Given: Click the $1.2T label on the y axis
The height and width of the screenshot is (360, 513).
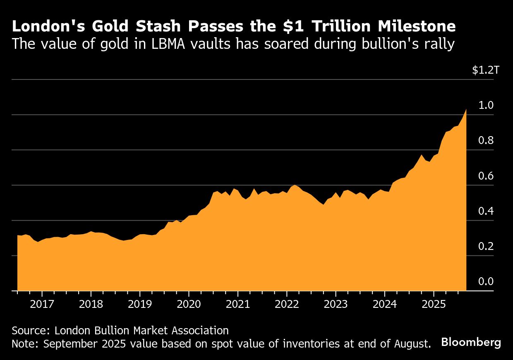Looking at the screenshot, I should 486,70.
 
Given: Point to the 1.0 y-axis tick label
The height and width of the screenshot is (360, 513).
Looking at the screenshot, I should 486,105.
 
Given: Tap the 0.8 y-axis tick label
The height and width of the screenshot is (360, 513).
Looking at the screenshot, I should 486,141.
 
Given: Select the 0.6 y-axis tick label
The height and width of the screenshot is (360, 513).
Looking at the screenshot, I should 486,176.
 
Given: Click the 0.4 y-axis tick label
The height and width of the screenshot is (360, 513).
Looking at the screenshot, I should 486,211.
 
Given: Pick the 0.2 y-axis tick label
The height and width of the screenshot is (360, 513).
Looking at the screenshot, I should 486,246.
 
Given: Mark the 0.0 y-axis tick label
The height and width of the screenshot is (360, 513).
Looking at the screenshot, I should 486,282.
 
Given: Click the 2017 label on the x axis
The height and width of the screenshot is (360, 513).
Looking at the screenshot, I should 42,304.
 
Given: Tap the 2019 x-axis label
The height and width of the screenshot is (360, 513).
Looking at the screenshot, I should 140,304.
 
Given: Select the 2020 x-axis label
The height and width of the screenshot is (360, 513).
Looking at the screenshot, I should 189,304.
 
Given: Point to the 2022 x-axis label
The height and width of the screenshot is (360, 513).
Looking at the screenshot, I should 287,304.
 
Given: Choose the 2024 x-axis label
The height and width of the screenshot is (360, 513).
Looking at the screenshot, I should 385,304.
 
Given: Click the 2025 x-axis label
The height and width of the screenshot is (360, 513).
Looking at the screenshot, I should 434,304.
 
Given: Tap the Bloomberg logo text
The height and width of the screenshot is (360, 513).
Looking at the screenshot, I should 471,343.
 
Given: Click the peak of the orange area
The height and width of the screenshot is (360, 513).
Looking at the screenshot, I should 466,109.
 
